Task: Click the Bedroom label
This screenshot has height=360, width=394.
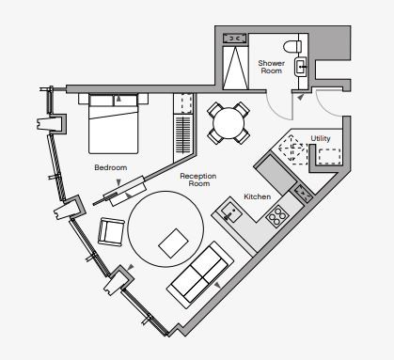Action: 111,167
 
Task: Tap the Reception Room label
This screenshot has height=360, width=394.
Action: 198,180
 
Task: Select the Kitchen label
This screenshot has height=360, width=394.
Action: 257,196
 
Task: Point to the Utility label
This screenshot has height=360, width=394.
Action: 321,138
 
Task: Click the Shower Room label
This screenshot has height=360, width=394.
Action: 272,67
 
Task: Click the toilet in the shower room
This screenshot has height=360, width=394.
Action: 292,47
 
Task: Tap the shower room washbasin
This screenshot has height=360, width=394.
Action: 301,67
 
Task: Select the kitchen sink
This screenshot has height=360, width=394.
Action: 230,212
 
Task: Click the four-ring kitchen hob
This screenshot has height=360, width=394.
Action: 276,216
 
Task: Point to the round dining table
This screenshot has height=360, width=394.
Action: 229,123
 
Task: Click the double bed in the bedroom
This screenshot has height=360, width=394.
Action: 113,123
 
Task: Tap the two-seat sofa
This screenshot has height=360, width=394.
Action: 200,272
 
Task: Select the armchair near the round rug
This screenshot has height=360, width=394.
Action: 111,232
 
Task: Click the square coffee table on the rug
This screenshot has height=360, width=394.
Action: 173,243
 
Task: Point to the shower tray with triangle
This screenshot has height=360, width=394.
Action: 235,68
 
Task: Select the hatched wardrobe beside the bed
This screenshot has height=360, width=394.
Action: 182,134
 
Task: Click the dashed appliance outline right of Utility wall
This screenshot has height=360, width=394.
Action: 329,156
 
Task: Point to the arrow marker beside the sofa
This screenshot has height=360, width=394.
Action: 217,285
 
